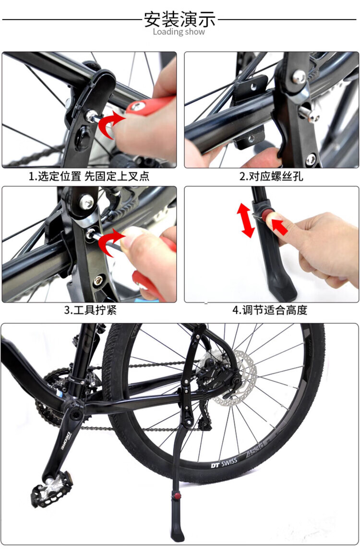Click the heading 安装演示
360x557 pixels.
tap(180, 19)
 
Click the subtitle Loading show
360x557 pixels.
tap(179, 32)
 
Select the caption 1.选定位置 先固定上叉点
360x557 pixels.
tap(89, 176)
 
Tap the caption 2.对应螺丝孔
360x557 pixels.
tap(271, 176)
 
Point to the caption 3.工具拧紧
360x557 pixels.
tap(90, 310)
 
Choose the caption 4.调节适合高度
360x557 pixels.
tap(270, 310)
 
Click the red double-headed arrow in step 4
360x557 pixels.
tap(246, 220)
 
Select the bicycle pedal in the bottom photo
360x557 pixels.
tap(51, 489)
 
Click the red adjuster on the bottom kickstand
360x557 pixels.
tap(176, 495)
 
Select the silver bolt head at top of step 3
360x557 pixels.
tap(86, 202)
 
